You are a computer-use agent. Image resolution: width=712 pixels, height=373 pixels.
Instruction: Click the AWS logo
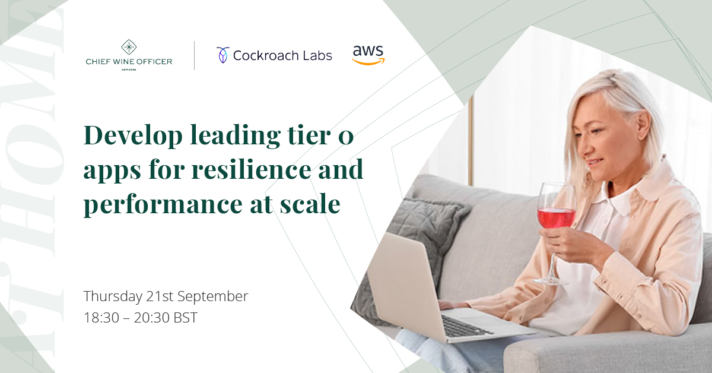coord(368,54)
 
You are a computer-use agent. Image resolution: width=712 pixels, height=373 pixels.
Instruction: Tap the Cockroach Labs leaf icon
coord(223,55)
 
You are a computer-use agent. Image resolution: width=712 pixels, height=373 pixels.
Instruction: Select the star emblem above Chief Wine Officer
coord(129,48)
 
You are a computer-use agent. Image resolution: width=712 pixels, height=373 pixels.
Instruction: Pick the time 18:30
coord(101,318)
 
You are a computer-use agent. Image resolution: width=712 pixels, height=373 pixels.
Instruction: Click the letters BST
coord(185,318)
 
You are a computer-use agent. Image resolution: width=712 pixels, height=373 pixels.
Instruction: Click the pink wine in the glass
coord(556,217)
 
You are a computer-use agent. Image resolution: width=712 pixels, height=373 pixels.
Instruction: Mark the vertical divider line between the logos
coord(195,55)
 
